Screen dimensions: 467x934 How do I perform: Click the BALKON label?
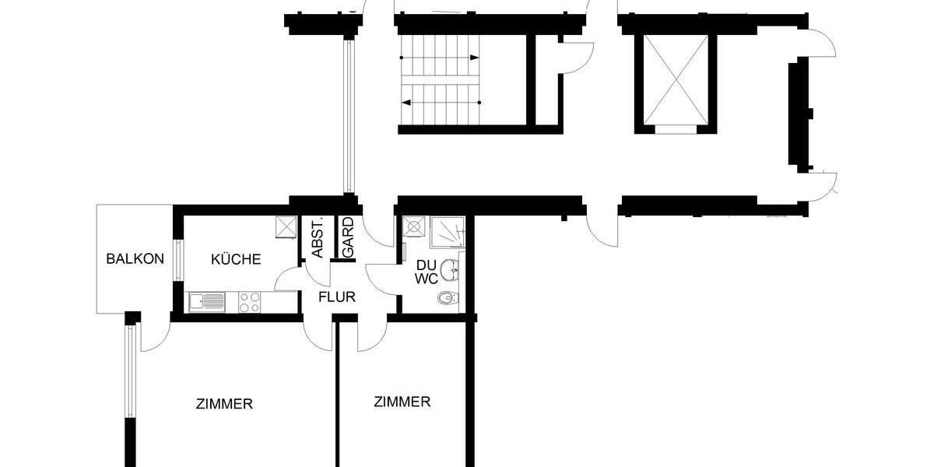[x=135, y=258]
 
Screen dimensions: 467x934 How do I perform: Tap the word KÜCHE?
[x=236, y=259]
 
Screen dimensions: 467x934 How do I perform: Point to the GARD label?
[x=348, y=238]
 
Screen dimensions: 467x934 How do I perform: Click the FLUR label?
[x=337, y=297]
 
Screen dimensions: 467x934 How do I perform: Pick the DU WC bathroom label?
[x=425, y=272]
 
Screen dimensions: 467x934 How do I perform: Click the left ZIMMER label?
[x=224, y=404]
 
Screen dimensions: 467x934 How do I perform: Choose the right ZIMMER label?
[x=402, y=402]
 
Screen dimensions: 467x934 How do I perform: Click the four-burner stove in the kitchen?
[x=250, y=302]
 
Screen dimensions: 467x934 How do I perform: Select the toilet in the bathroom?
[x=447, y=297]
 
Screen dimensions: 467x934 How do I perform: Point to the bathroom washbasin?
[x=449, y=270]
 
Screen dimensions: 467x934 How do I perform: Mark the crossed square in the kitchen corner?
[x=286, y=226]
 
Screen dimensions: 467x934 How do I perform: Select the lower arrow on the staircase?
[x=440, y=102]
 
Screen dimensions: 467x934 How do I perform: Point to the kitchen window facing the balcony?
[x=178, y=259]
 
